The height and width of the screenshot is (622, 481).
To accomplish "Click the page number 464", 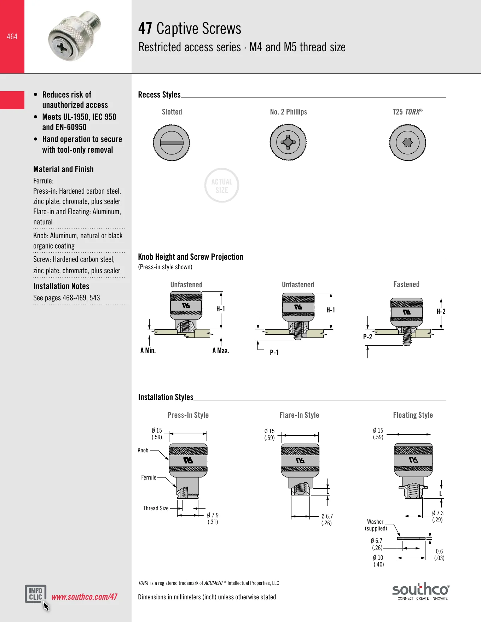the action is coord(12,36).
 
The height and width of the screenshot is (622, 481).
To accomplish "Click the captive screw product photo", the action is coord(75,36).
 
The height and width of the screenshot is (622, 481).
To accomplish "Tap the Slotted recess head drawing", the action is coord(172,142).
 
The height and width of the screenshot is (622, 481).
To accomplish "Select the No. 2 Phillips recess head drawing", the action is coord(288,142).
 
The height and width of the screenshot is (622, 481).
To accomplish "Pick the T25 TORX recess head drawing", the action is coord(407,142).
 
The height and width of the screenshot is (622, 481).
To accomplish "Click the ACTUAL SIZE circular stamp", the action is coord(222,186).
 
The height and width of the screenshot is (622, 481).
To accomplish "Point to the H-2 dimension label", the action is coord(441,311).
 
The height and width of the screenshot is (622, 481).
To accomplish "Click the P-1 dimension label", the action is coord(274,352).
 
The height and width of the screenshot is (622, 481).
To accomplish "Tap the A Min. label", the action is coord(148,350).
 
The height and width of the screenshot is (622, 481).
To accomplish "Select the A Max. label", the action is coord(221,350).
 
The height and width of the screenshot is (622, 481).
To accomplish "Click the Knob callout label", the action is coord(143,450).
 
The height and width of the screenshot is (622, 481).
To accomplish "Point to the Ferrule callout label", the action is coord(149,477).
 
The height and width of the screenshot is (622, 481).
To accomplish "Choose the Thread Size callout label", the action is coord(156,508).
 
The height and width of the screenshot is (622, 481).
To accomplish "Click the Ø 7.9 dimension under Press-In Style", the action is coord(213,518).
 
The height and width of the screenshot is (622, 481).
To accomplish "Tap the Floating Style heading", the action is coord(413,415).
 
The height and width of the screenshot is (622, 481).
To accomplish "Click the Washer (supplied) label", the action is coord(376,525).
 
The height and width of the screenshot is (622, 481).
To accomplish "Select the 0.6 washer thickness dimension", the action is coord(439,554).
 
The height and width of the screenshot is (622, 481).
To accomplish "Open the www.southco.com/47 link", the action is coord(85,597).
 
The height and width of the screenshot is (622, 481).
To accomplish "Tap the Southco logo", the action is coord(421,591).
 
